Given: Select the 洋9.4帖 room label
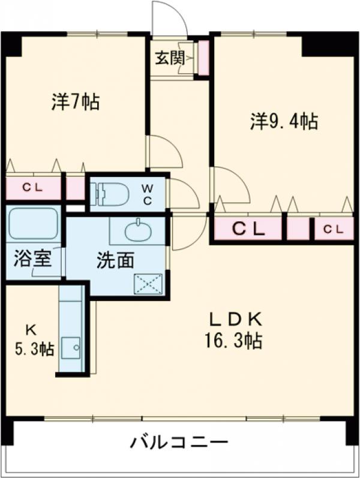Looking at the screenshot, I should [x=284, y=122].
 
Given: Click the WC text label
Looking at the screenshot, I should [x=147, y=194].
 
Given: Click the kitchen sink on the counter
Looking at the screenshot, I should [x=73, y=347].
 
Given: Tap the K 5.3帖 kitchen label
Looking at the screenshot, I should [x=34, y=341].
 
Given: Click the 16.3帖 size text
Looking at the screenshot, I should [x=233, y=341].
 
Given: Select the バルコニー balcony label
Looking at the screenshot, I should [x=179, y=444].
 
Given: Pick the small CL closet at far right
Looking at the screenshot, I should [x=333, y=229].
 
